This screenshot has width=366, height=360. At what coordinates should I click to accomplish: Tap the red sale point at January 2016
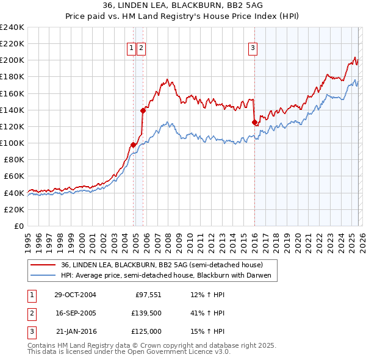coord(254,122)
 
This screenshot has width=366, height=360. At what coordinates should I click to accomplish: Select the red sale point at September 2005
coord(143,110)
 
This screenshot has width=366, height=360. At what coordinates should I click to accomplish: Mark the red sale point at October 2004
coord(133,145)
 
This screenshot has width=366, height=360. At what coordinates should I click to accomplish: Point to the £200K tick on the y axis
coord(12,60)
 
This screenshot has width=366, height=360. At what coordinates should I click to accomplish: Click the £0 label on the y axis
coord(18,226)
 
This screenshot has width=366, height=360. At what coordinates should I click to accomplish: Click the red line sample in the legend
coord(43,265)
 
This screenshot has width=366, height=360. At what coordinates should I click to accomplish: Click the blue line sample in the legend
coord(43,276)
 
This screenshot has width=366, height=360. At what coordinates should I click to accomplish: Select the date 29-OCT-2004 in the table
coord(75,295)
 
